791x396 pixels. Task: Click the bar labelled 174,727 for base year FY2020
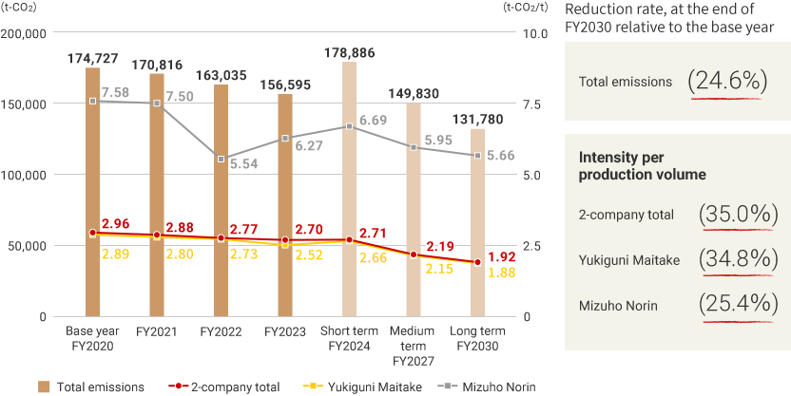tap(92, 190)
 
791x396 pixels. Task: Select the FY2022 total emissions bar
tap(221, 199)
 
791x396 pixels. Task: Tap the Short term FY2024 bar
tap(349, 190)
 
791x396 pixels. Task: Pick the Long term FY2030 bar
tap(477, 223)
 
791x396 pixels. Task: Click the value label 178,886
tap(349, 52)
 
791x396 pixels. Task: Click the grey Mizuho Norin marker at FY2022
tap(221, 159)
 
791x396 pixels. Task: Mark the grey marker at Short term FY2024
tap(349, 126)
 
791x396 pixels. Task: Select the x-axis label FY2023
tap(284, 333)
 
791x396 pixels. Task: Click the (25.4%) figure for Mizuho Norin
tap(734, 305)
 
